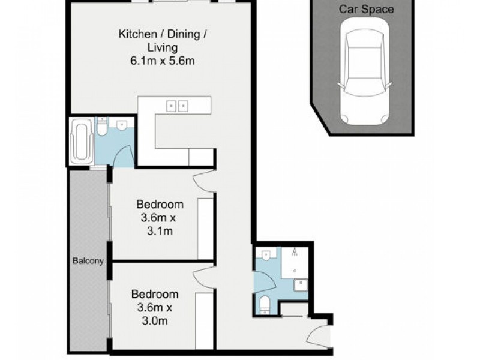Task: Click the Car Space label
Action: click(366, 9)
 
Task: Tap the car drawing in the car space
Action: click(364, 71)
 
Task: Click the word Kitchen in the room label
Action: click(137, 34)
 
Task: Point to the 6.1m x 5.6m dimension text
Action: click(163, 61)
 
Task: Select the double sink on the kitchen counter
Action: click(177, 106)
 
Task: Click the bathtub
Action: click(81, 141)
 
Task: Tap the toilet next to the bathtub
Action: click(101, 127)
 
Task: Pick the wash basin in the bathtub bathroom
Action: click(122, 125)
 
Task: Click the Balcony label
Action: click(88, 261)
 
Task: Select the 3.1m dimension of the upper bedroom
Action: click(160, 231)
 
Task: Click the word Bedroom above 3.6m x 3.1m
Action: click(160, 204)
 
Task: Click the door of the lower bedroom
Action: click(203, 277)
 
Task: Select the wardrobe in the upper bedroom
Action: click(205, 229)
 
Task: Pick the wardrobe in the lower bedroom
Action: click(204, 320)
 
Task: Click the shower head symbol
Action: click(295, 252)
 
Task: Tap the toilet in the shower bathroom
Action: click(264, 305)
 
